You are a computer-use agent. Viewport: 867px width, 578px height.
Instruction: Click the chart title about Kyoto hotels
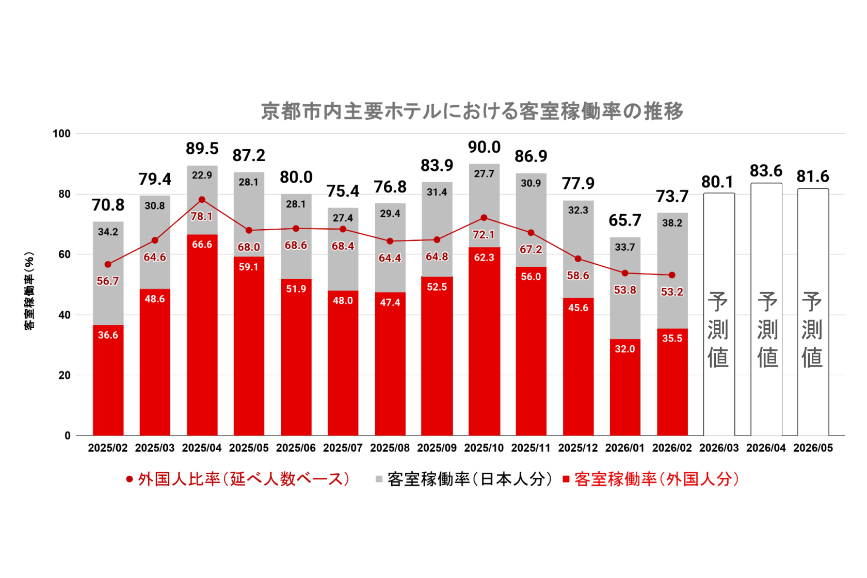click(x=472, y=111)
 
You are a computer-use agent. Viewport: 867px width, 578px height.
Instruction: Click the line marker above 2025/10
click(x=484, y=218)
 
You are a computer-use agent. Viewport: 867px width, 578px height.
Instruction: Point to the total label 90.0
click(x=484, y=147)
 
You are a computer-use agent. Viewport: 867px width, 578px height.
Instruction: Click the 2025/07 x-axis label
click(x=343, y=448)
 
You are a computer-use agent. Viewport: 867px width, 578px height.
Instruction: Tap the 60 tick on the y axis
click(x=65, y=254)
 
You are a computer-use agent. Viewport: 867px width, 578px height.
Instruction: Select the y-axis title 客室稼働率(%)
click(x=29, y=291)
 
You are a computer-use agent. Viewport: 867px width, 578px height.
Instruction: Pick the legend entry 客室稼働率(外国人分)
click(x=651, y=479)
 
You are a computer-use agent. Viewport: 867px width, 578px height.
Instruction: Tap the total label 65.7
click(x=624, y=220)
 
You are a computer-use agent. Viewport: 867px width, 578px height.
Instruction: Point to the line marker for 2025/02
click(x=108, y=264)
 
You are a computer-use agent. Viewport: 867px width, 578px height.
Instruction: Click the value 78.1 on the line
click(x=201, y=216)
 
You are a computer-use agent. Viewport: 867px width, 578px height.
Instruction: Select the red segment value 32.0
click(x=624, y=349)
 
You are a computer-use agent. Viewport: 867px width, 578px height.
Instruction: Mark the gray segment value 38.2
click(x=672, y=223)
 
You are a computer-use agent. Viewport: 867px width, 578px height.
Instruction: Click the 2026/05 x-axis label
click(x=813, y=448)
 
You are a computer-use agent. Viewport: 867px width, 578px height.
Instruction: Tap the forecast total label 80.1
click(x=717, y=182)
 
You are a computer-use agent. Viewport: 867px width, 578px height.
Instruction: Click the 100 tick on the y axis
click(x=61, y=134)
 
